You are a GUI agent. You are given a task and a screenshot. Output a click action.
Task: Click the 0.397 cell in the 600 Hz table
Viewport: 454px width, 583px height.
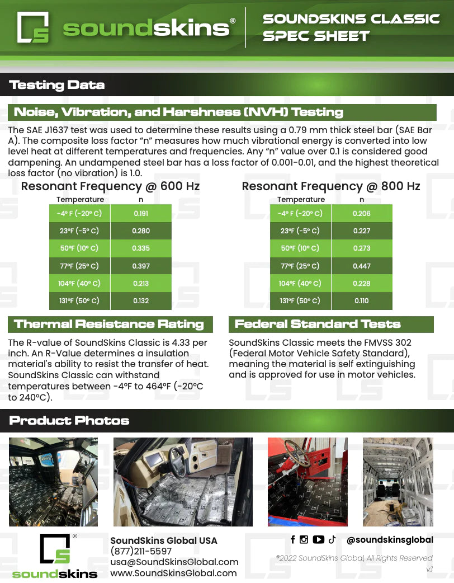pyautogui.click(x=141, y=266)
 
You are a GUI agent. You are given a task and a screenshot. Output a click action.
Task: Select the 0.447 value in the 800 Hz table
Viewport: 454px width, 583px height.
pyautogui.click(x=362, y=266)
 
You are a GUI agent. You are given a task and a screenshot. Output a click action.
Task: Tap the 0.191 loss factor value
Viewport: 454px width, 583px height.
pyautogui.click(x=141, y=214)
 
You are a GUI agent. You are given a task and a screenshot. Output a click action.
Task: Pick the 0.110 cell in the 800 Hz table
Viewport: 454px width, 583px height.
pyautogui.click(x=362, y=301)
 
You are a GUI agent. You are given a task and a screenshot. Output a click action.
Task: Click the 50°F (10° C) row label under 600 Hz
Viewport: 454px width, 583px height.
pyautogui.click(x=79, y=248)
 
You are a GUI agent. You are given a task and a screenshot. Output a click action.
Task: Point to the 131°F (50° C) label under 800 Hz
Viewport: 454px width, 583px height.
pyautogui.click(x=300, y=301)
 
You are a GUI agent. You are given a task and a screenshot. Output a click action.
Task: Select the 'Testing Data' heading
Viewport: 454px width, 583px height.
pyautogui.click(x=57, y=85)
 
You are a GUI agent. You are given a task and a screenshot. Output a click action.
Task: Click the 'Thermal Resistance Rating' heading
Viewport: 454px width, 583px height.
pyautogui.click(x=109, y=324)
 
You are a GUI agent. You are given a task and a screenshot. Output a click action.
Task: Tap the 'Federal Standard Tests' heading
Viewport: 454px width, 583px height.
pyautogui.click(x=318, y=324)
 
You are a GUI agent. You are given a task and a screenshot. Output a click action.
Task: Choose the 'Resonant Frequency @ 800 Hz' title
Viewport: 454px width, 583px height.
pyautogui.click(x=331, y=186)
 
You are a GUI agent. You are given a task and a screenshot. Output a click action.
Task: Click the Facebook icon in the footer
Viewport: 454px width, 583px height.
pyautogui.click(x=293, y=539)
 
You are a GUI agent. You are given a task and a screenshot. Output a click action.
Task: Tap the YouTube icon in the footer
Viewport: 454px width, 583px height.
pyautogui.click(x=319, y=539)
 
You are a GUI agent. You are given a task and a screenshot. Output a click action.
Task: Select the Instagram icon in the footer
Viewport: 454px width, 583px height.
pyautogui.click(x=304, y=539)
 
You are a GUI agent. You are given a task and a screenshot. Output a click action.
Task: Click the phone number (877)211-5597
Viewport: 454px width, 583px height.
pyautogui.click(x=142, y=552)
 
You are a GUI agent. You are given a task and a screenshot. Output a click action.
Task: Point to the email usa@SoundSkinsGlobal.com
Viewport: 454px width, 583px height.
pyautogui.click(x=174, y=562)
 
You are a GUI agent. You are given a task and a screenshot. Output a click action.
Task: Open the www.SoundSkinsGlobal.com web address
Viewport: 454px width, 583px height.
pyautogui.click(x=173, y=573)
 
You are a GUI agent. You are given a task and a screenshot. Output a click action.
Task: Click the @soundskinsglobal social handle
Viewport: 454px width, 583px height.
pyautogui.click(x=390, y=540)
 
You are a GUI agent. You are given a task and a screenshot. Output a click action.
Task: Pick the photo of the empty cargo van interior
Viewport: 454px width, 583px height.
pyautogui.click(x=398, y=482)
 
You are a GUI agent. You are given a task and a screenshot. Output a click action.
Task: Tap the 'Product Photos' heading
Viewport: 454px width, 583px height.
pyautogui.click(x=69, y=421)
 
